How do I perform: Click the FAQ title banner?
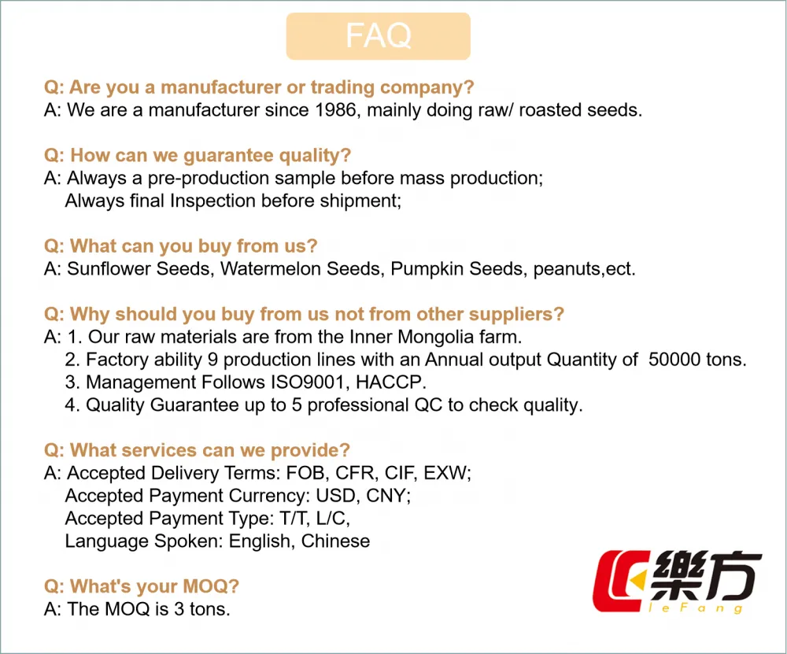[x=378, y=36]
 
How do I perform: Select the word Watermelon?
[x=271, y=269]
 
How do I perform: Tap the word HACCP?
[x=390, y=382]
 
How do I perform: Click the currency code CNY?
[x=387, y=496]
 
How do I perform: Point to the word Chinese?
[x=335, y=541]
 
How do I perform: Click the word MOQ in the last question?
[x=205, y=586]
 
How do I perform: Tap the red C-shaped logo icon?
[x=620, y=582]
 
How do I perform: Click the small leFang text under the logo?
[x=696, y=608]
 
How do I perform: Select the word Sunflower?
[x=109, y=269]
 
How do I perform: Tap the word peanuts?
[x=567, y=269]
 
